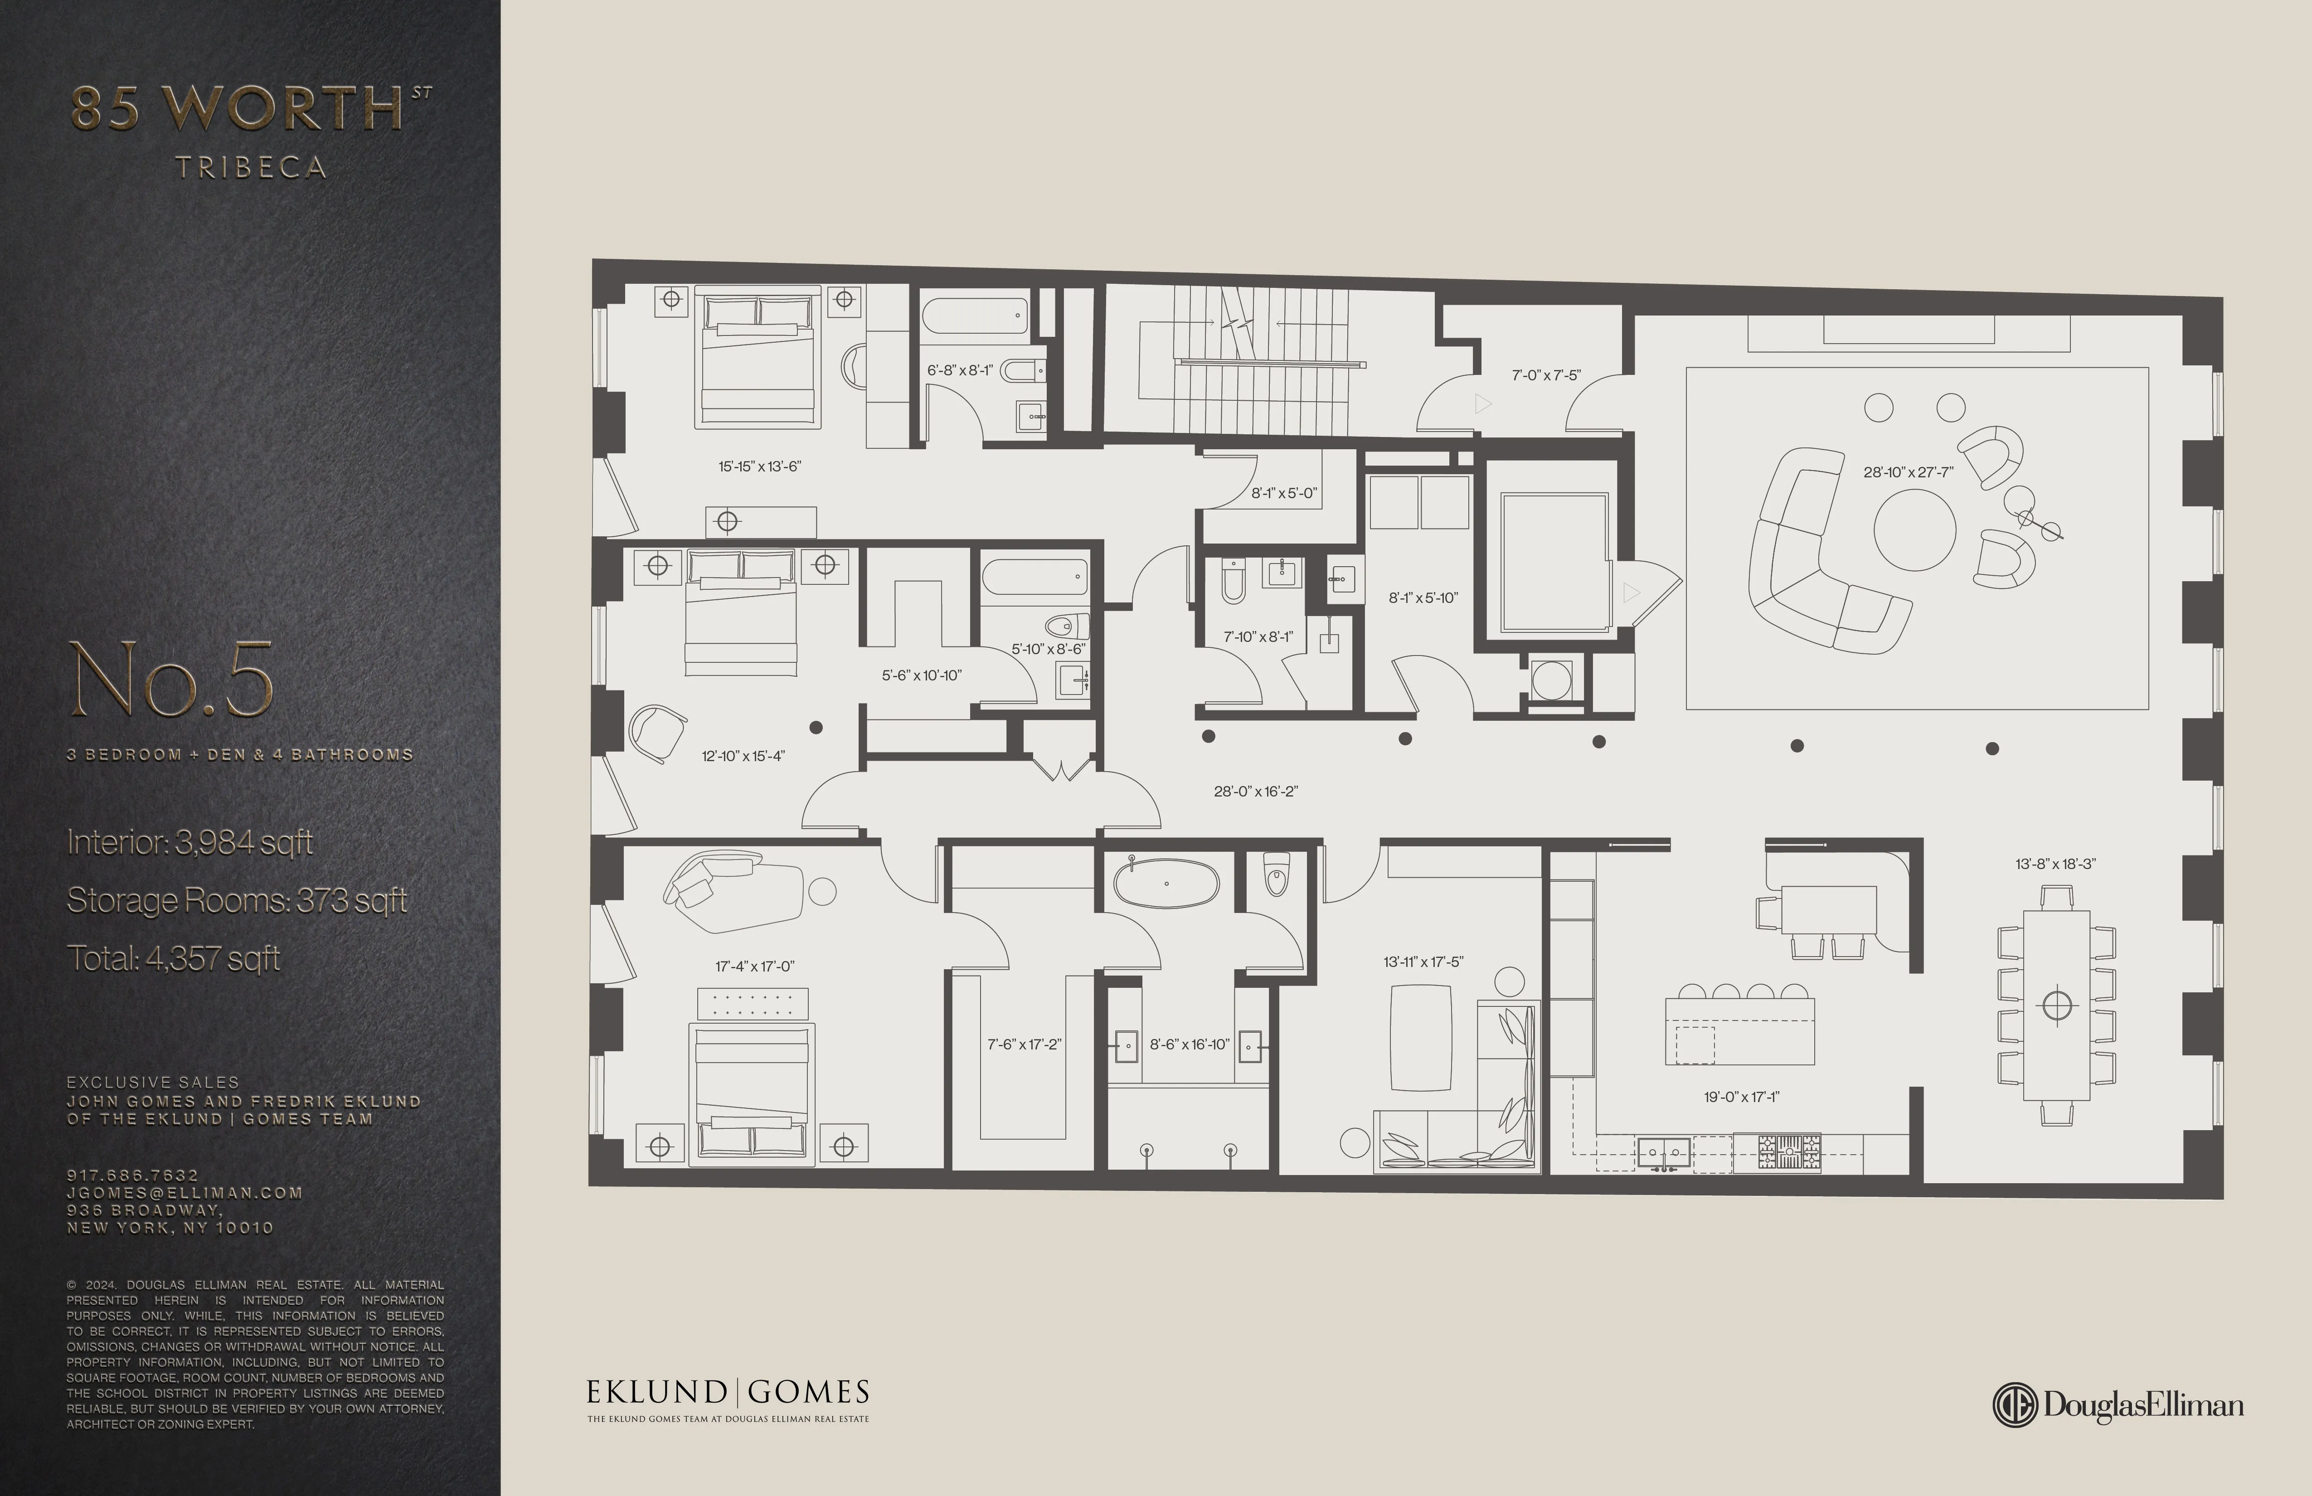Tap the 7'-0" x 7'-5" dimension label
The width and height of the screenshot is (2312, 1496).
(1545, 375)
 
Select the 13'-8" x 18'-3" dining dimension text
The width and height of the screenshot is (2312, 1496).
(2055, 864)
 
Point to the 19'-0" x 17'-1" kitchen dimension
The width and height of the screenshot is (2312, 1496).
(1741, 1097)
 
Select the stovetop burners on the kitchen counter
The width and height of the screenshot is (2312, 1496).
(1789, 1152)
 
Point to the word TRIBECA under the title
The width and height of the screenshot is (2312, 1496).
(251, 168)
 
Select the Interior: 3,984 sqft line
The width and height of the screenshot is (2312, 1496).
(189, 842)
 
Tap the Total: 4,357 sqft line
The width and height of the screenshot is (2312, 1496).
(173, 959)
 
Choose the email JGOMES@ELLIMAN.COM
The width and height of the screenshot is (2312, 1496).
(185, 1193)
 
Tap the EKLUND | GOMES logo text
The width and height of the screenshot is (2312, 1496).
(728, 1393)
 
